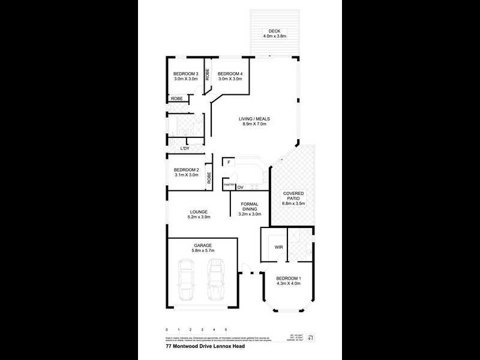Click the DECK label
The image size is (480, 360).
[x=274, y=31]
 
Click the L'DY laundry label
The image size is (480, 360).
[x=185, y=148]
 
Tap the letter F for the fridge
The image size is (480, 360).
[x=228, y=163]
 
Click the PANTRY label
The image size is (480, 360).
[x=228, y=185]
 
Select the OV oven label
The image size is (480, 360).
[x=240, y=188]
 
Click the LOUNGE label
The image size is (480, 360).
[x=199, y=212]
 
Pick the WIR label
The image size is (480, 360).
[x=278, y=246]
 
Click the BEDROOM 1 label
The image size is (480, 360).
[x=288, y=279]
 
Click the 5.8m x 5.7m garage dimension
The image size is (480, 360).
[x=203, y=250]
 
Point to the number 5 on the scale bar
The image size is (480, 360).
[x=226, y=330]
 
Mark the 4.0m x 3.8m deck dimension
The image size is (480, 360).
[x=274, y=37]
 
